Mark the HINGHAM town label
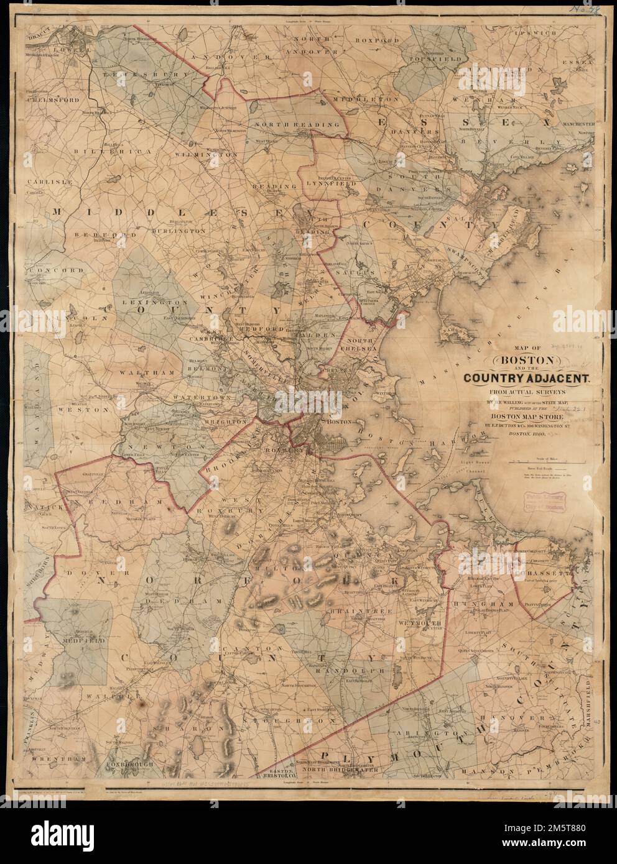click(477, 604)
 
